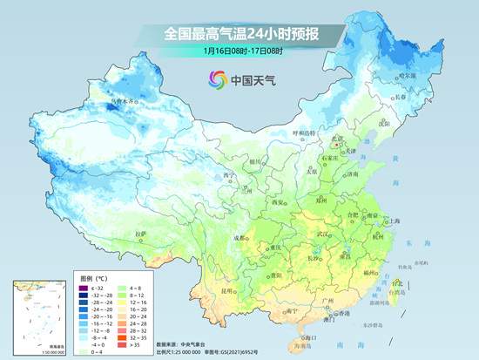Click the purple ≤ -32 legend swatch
tap(80, 289)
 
